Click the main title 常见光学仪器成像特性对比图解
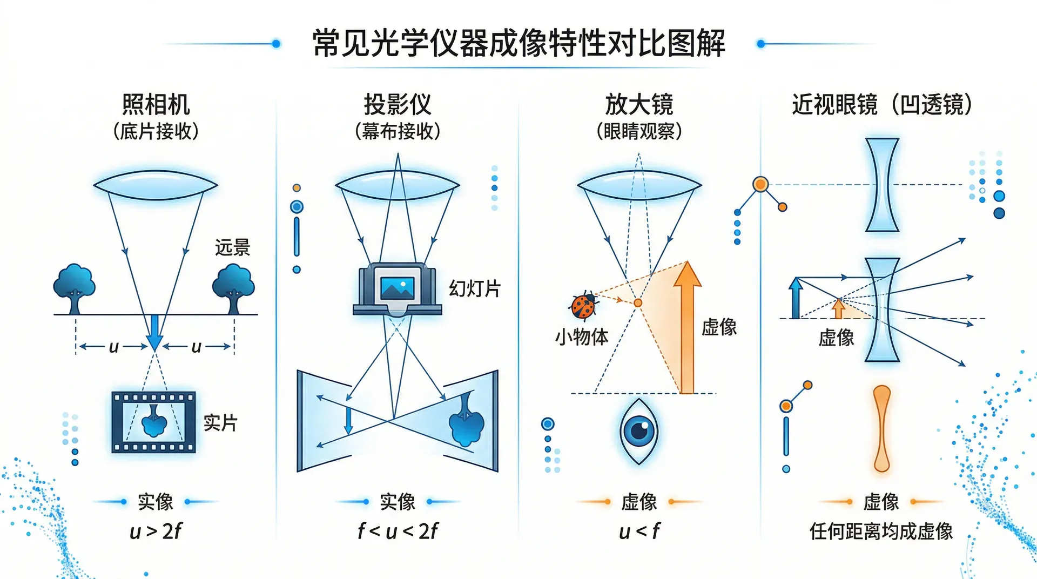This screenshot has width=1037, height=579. click(x=518, y=43)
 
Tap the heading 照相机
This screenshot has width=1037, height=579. click(x=156, y=104)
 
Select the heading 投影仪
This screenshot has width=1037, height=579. click(x=398, y=104)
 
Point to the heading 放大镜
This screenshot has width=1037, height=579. click(x=639, y=104)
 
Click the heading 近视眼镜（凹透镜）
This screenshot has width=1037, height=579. click(x=881, y=104)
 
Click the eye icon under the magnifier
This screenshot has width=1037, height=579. click(x=639, y=431)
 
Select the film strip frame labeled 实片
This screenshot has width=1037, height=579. click(x=153, y=422)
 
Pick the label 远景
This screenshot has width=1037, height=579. click(x=232, y=247)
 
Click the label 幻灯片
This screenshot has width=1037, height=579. click(x=474, y=289)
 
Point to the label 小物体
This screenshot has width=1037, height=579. click(x=581, y=337)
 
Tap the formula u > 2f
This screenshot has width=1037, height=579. click(x=156, y=531)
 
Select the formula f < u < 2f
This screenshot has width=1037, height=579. click(x=398, y=531)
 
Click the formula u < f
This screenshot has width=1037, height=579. click(x=639, y=531)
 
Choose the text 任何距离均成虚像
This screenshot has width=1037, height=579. click(x=881, y=531)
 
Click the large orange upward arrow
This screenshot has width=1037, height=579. click(x=687, y=329)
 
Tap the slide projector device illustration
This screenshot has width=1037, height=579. click(x=398, y=289)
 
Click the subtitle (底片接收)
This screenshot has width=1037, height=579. click(x=156, y=131)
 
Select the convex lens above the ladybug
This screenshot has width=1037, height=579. click(x=639, y=185)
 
